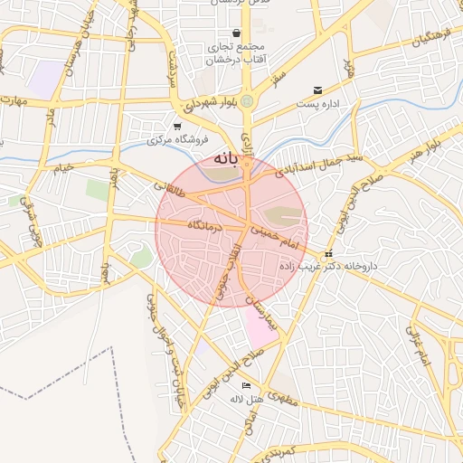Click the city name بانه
[226, 159]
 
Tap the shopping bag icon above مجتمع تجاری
[236, 33]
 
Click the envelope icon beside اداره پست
[317, 90]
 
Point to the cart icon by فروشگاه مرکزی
[177, 127]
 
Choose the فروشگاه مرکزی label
[178, 140]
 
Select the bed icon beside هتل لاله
[246, 386]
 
